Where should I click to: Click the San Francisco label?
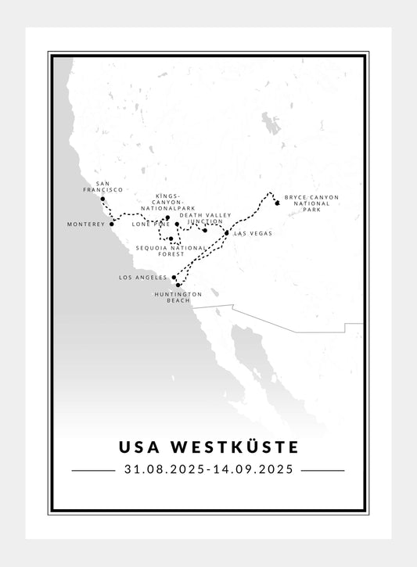coord(103,186)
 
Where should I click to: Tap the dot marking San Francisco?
coord(103,199)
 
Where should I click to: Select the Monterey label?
coord(86,224)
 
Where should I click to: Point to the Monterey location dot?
coord(112,224)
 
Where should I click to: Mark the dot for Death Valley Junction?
coord(205,230)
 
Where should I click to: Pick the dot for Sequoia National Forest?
coord(171,239)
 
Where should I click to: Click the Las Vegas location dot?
coord(227,233)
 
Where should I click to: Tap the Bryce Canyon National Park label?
coord(311,203)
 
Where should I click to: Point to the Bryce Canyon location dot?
coord(277,203)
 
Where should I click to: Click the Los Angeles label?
coord(142,278)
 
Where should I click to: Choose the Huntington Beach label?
coord(178,297)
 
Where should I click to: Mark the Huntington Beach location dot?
coord(178,285)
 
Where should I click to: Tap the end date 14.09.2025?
coord(253,470)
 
